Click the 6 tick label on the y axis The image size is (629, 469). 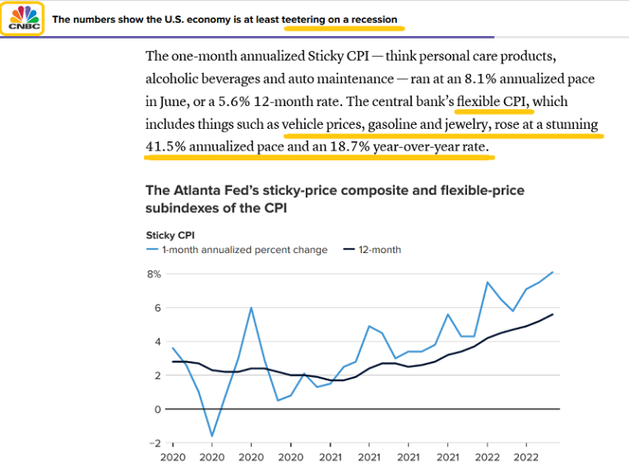point(157,307)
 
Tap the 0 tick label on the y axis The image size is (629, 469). point(157,409)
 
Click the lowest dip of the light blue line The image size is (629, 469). point(212,436)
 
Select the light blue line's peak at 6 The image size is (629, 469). point(251,308)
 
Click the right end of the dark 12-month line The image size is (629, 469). point(553,314)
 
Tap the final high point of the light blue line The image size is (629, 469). point(553,272)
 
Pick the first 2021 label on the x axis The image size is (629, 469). point(330,458)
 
